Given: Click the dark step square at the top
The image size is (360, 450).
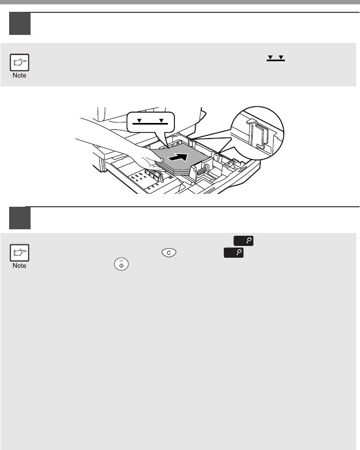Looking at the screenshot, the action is click(x=20, y=24).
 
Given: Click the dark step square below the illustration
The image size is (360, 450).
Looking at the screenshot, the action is click(x=20, y=218).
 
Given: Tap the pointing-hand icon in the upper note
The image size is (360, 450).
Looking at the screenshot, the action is click(x=19, y=62).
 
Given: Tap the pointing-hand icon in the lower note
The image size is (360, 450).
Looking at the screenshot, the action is click(x=19, y=253).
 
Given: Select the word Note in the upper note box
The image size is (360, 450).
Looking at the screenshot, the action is click(x=19, y=76).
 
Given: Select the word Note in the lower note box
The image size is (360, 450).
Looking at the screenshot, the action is click(x=19, y=266).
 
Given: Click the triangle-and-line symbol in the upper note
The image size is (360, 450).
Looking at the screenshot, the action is click(x=276, y=58).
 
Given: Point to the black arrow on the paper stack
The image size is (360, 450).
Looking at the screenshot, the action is click(x=178, y=157).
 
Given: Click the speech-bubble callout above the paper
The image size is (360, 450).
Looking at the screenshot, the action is click(x=151, y=126).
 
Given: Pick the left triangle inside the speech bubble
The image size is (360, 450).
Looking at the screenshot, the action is click(x=139, y=120).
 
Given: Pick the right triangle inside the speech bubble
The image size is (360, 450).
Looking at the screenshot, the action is click(x=161, y=120).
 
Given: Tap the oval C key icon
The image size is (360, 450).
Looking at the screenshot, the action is click(x=169, y=252).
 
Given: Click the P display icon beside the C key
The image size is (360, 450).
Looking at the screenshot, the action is click(x=233, y=253).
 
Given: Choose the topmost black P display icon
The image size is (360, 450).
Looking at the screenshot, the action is click(x=244, y=241).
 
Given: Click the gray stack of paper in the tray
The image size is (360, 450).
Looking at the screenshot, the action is click(x=181, y=160).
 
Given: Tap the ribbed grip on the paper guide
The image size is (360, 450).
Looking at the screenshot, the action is click(x=202, y=171).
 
